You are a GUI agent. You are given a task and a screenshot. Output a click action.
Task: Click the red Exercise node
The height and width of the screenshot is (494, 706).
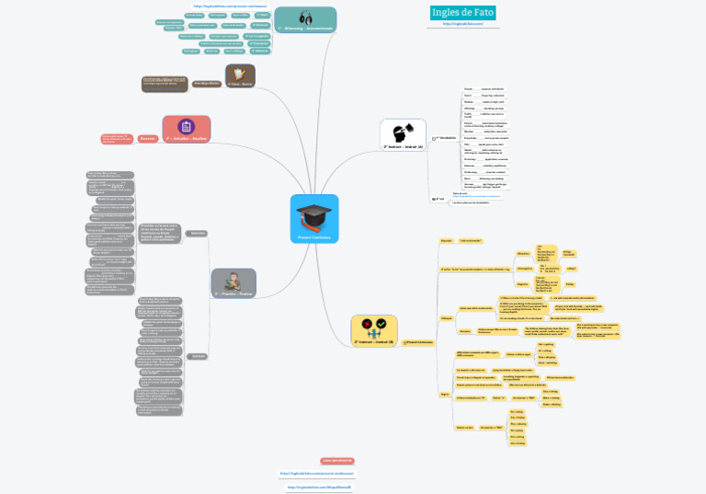tap(149, 138)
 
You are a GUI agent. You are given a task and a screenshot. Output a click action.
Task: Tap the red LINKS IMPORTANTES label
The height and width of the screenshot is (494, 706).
tap(336, 458)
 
